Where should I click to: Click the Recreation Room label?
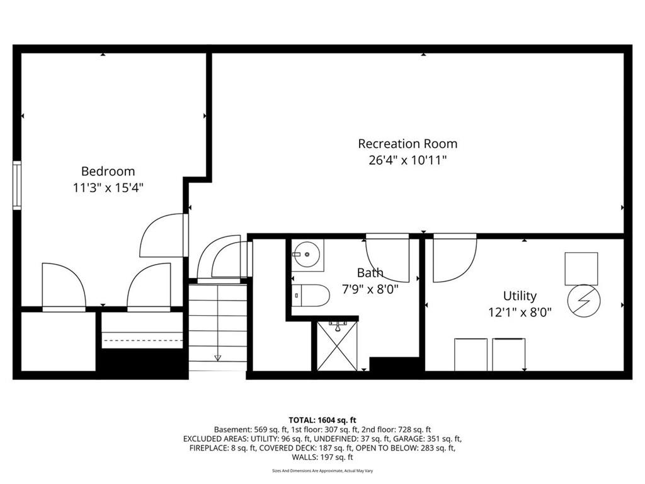pos(408,144)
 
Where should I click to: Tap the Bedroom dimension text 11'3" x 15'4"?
pos(108,188)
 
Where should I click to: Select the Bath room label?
pos(370,272)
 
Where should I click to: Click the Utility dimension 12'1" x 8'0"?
pos(520,313)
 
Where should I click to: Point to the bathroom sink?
pos(307,255)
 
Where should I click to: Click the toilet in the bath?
pos(311,295)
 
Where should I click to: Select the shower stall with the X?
pos(337,346)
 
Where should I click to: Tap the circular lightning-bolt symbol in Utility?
pos(584,301)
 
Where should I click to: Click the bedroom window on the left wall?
pos(17,185)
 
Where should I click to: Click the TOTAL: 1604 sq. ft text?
pos(322,420)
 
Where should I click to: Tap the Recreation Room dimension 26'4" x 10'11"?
pos(408,159)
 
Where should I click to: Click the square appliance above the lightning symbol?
pos(581,268)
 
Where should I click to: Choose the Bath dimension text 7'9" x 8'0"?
pos(370,289)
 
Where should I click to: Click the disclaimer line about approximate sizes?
pos(322,471)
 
